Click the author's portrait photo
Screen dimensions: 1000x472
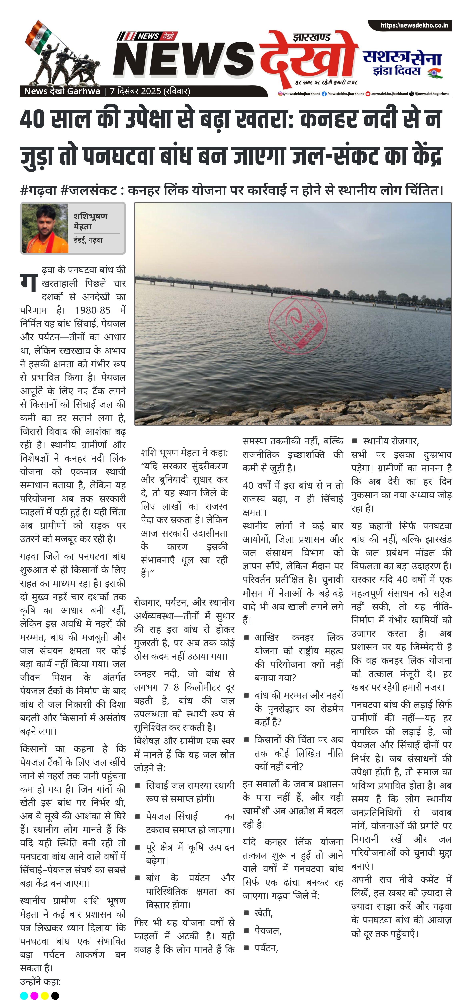[x=45, y=228]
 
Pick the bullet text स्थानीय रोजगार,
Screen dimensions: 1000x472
[x=391, y=441]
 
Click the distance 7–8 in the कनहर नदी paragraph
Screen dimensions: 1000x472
[x=171, y=687]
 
